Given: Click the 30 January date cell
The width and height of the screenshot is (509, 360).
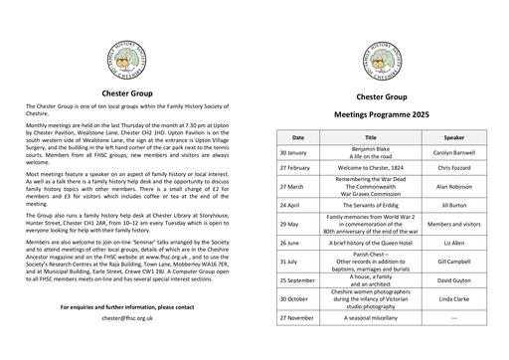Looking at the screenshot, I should click(x=294, y=153).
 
